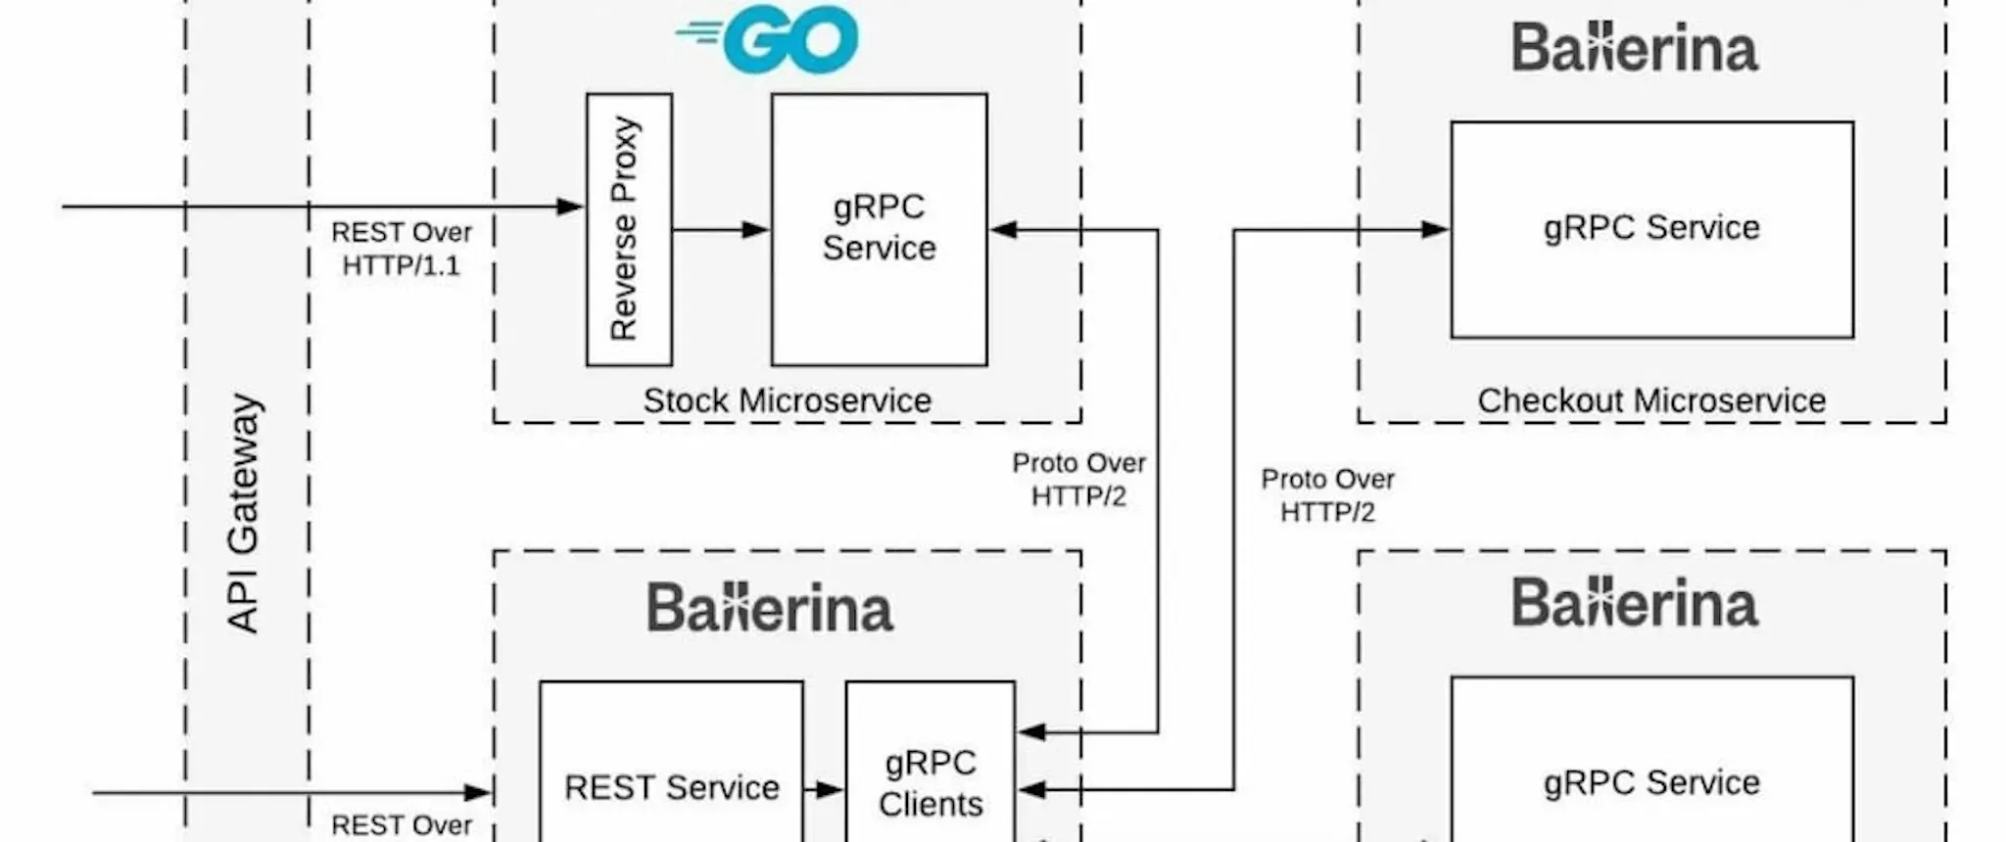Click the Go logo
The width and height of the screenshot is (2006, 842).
point(767,39)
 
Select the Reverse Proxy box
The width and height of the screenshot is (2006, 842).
point(629,230)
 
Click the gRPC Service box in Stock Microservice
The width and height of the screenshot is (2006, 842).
point(879,230)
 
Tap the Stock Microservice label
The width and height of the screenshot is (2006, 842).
point(787,400)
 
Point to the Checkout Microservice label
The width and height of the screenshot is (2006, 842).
point(1651,400)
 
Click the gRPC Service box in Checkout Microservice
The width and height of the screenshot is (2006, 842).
point(1652,230)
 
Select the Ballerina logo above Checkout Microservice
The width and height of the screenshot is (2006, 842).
point(1635,48)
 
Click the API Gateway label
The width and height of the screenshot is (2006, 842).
point(243,513)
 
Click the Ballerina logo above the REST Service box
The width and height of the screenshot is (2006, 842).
point(770,607)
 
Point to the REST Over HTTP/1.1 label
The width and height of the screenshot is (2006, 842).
point(402,249)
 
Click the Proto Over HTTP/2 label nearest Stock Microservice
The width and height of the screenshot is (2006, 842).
point(1078,480)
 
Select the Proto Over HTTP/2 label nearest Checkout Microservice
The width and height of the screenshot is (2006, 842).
point(1327,495)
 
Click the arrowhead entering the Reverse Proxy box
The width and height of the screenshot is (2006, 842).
point(571,207)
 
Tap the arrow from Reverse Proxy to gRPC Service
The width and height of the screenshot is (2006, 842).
point(721,230)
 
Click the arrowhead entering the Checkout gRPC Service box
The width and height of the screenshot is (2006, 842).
point(1436,230)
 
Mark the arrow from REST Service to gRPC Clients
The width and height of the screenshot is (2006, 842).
point(824,789)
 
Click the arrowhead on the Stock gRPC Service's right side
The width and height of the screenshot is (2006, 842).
point(1003,230)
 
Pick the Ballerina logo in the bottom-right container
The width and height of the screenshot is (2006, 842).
point(1635,602)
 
